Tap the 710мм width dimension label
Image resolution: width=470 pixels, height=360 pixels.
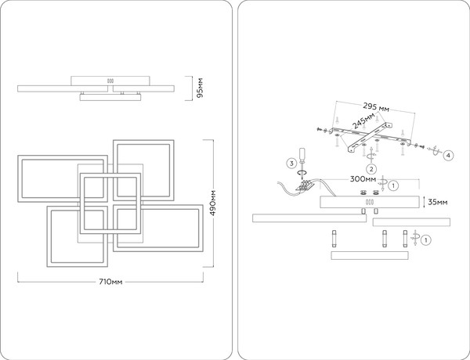point(110,282)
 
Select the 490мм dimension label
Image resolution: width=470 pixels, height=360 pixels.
point(213,203)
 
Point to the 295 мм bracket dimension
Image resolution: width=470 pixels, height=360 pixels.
point(376,107)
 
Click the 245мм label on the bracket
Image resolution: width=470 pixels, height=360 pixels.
point(364,121)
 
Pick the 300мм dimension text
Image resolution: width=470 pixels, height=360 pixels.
point(363,179)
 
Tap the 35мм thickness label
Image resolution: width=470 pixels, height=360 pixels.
point(437,202)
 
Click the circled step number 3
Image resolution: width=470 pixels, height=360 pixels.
point(291,164)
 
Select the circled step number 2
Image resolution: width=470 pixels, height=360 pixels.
point(371,169)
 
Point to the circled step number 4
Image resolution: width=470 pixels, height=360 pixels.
point(448,156)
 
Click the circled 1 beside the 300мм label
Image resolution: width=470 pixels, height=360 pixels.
point(393,185)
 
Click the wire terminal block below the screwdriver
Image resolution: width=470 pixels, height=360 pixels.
point(304,185)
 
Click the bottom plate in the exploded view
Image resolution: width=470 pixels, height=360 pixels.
point(370,255)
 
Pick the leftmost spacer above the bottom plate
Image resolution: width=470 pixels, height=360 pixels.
point(334,239)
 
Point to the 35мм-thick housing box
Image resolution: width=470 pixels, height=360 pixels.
point(370,202)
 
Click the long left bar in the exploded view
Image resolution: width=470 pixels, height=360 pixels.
point(309,218)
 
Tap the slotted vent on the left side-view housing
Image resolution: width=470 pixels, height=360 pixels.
point(110,81)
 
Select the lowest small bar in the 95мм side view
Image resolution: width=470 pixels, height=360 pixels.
point(110,97)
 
